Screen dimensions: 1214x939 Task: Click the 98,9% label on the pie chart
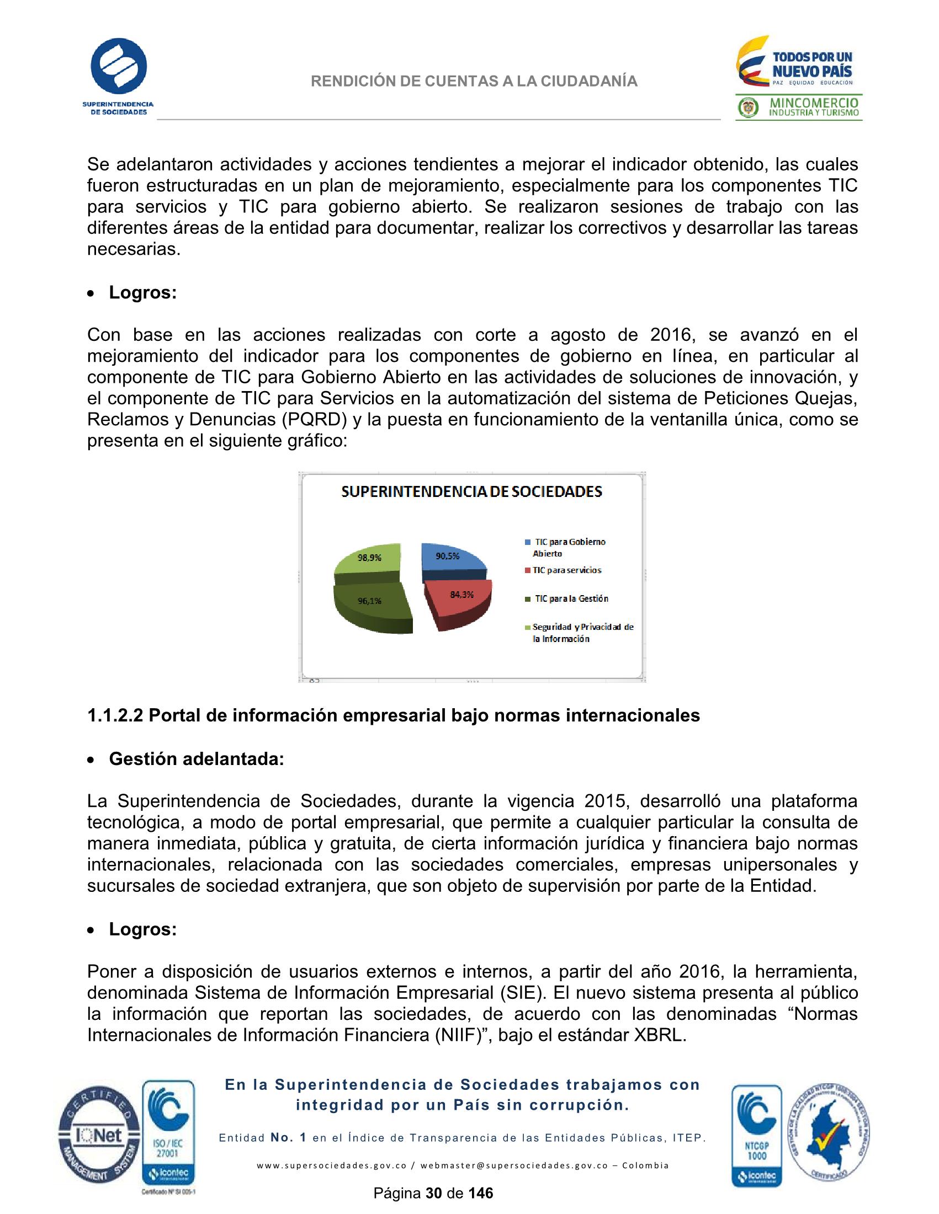[x=369, y=558]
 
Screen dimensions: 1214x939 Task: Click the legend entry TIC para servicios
[x=566, y=570]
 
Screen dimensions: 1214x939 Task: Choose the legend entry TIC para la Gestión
[x=571, y=598]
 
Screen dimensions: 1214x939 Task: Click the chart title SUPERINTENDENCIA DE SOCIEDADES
[x=471, y=491]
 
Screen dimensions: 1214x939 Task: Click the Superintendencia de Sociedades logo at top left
[x=119, y=75]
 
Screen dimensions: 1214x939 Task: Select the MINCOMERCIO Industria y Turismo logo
[x=799, y=108]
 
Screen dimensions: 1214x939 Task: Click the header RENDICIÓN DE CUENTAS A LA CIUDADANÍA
[x=474, y=82]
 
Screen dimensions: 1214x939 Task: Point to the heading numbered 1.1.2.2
[x=393, y=715]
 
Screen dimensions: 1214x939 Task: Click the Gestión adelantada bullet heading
[x=196, y=759]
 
